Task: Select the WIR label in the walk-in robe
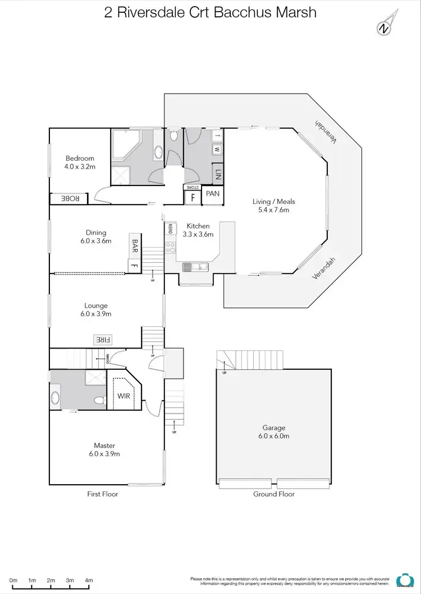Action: pyautogui.click(x=123, y=396)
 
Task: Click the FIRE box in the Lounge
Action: pyautogui.click(x=103, y=339)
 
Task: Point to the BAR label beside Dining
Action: pyautogui.click(x=135, y=245)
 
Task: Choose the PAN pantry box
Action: pyautogui.click(x=212, y=194)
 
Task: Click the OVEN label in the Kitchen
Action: pyautogui.click(x=170, y=229)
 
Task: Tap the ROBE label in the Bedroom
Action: pyautogui.click(x=70, y=198)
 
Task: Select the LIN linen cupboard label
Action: pyautogui.click(x=217, y=174)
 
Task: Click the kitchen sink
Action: pyautogui.click(x=195, y=267)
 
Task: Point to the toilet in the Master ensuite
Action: pyautogui.click(x=99, y=401)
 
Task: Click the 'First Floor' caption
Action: pyautogui.click(x=103, y=494)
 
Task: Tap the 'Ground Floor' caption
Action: pyautogui.click(x=274, y=494)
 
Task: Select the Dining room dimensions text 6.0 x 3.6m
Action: pyautogui.click(x=96, y=241)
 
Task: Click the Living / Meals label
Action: pyautogui.click(x=273, y=202)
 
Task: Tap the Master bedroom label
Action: pyautogui.click(x=105, y=445)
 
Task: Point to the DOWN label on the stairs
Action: pyautogui.click(x=106, y=359)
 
